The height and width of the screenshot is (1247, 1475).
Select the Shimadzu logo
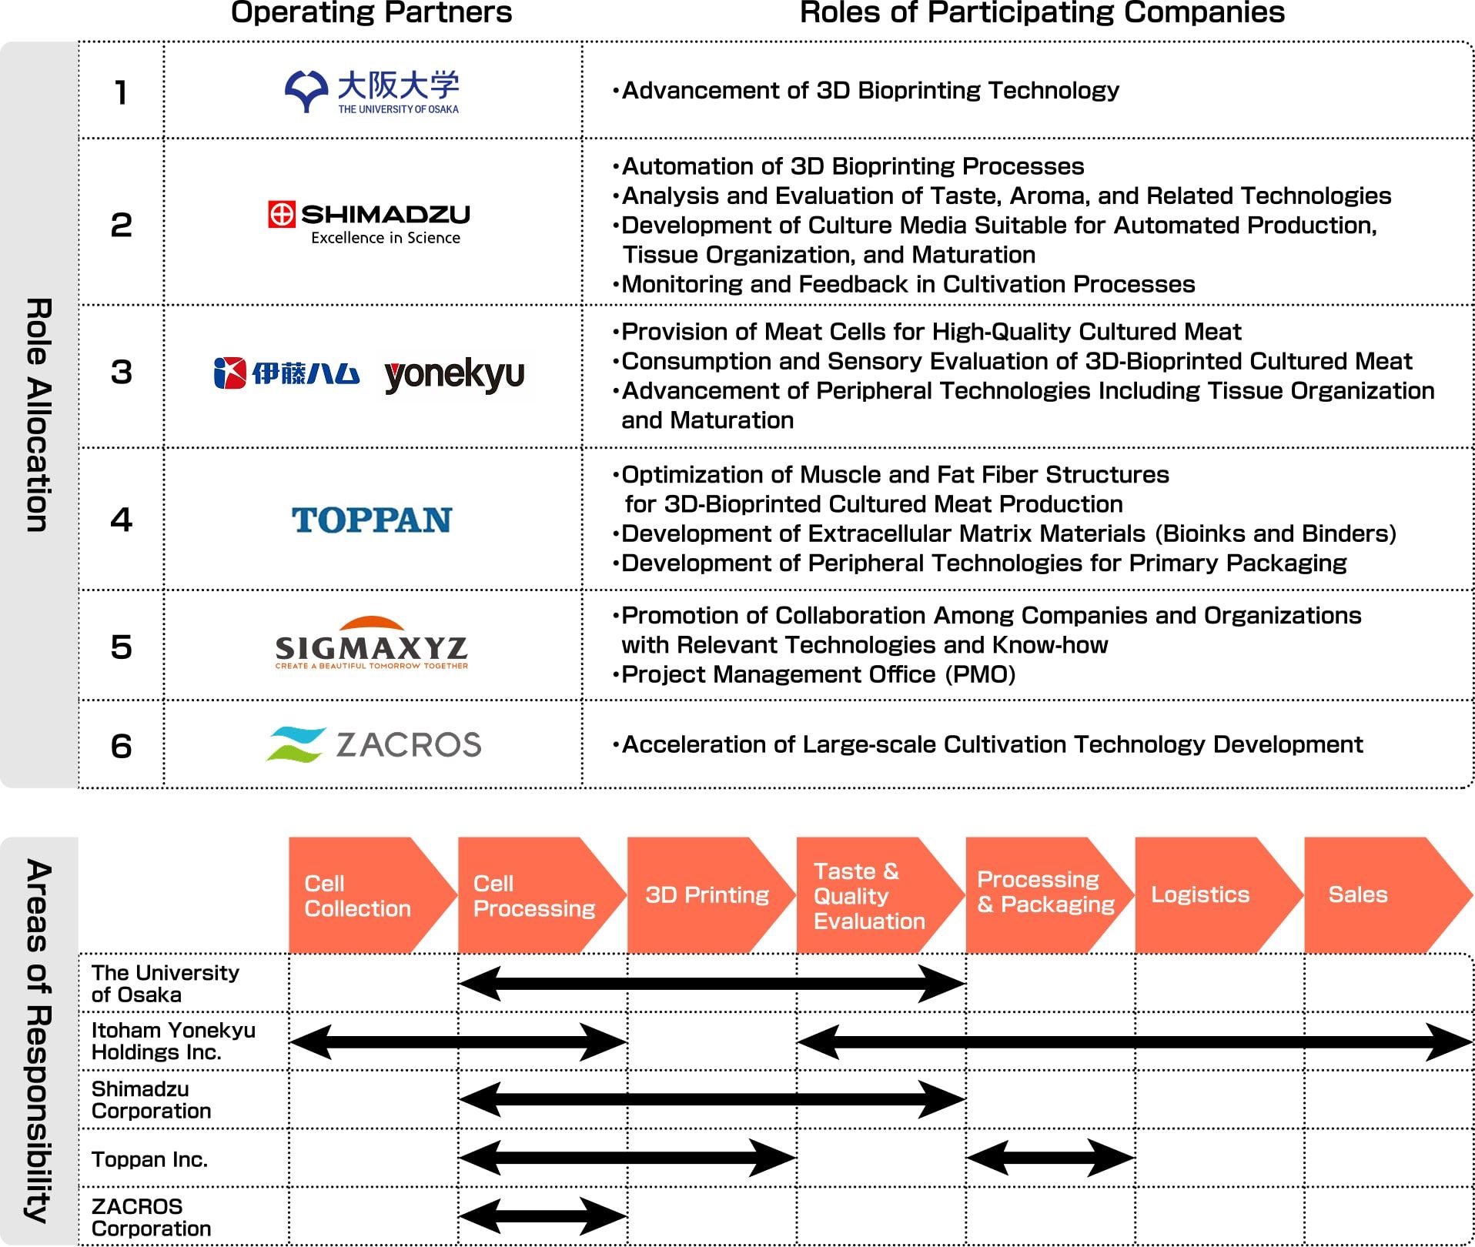pyautogui.click(x=369, y=223)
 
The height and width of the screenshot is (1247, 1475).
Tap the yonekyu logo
pyautogui.click(x=454, y=376)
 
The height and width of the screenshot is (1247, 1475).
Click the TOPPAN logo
pyautogui.click(x=372, y=520)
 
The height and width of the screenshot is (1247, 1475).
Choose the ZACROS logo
pyautogui.click(x=373, y=744)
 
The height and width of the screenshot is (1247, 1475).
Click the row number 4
pyautogui.click(x=122, y=520)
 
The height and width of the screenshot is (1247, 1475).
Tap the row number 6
pyautogui.click(x=122, y=746)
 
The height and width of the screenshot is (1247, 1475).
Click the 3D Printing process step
pyautogui.click(x=707, y=895)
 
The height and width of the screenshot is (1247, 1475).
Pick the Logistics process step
pyautogui.click(x=1201, y=895)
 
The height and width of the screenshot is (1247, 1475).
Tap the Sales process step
pyautogui.click(x=1359, y=895)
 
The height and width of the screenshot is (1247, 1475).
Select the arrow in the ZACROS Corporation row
pyautogui.click(x=543, y=1216)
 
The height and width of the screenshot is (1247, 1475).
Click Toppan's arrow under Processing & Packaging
pyautogui.click(x=1050, y=1158)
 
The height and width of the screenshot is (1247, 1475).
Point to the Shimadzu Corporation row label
pyautogui.click(x=152, y=1100)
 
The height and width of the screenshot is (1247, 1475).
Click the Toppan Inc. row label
pyautogui.click(x=150, y=1159)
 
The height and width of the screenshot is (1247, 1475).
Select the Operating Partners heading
pyautogui.click(x=372, y=13)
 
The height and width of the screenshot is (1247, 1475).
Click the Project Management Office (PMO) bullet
pyautogui.click(x=818, y=675)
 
